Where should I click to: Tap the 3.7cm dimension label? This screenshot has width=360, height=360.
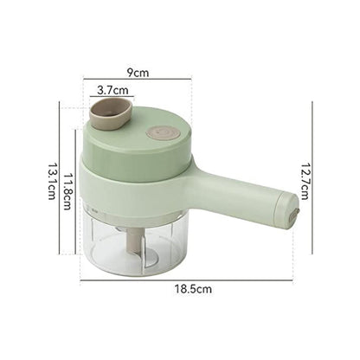pyautogui.click(x=112, y=90)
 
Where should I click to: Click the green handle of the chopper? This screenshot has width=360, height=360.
pyautogui.click(x=241, y=200)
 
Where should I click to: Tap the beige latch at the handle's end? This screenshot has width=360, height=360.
pyautogui.click(x=293, y=208)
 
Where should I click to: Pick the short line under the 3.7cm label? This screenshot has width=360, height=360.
pyautogui.click(x=112, y=97)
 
